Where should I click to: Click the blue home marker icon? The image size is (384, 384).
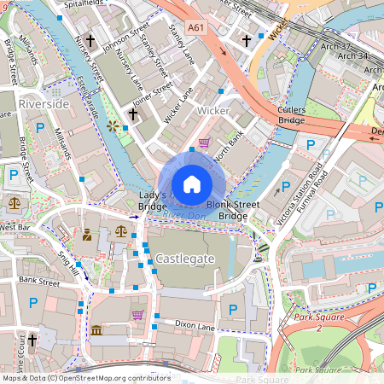[192, 183]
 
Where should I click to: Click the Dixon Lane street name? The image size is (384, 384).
[195, 325]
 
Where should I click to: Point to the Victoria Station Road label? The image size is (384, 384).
[296, 199]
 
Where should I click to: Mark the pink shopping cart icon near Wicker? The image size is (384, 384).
[204, 143]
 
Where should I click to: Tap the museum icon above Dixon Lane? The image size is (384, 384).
[96, 329]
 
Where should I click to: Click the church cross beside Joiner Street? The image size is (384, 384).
[132, 113]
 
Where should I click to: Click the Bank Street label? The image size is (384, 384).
[40, 280]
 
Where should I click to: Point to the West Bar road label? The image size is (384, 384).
[15, 228]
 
